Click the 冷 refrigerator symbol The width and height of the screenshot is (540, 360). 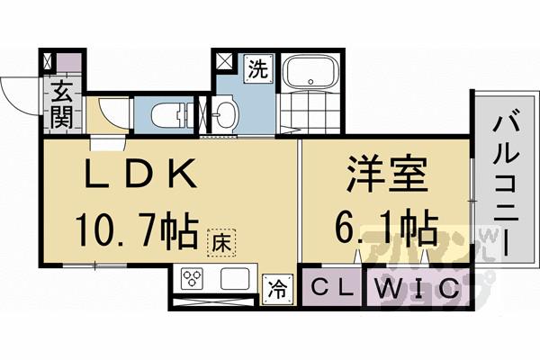(x=277, y=290)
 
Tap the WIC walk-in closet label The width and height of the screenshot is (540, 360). (x=415, y=289)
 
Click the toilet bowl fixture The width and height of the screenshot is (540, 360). (x=171, y=114)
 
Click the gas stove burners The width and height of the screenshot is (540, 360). (x=193, y=280)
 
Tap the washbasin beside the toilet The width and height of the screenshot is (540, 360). (x=226, y=114)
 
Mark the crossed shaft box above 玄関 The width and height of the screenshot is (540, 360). (x=47, y=65)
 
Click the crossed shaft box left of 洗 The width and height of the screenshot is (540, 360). (x=223, y=66)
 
